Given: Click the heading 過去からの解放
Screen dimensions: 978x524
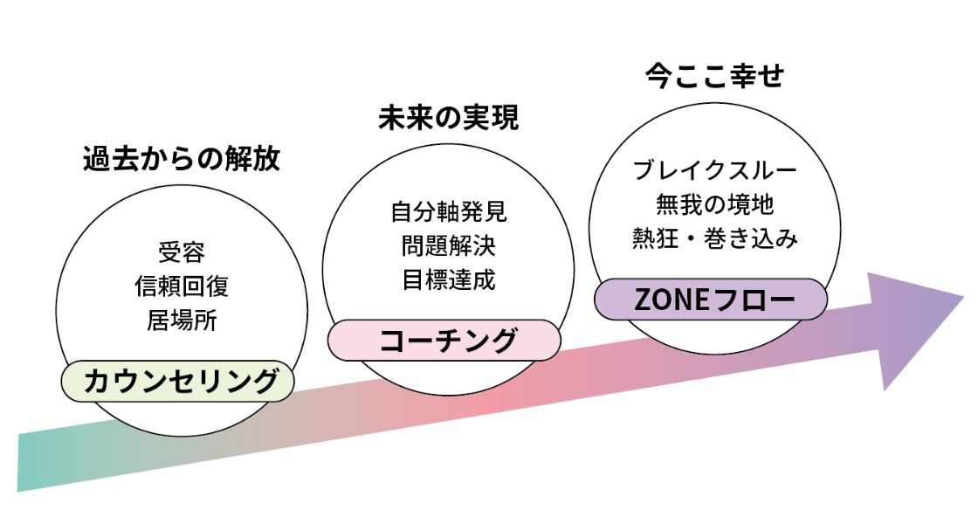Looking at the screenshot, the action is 182,159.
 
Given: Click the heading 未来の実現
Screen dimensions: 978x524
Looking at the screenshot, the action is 449,118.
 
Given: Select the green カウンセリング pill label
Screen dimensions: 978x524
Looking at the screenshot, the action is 178,381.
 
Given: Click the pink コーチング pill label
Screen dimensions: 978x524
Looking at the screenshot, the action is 444,341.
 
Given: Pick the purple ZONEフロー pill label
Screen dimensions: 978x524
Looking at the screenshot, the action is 711,300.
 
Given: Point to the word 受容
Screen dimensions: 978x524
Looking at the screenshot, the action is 182,252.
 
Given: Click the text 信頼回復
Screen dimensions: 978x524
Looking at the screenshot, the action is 182,286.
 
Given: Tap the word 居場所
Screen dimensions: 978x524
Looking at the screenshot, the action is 182,320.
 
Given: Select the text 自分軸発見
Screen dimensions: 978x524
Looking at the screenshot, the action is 449,212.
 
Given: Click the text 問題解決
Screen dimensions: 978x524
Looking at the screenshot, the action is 449,245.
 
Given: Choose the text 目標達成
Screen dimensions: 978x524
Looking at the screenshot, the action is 449,279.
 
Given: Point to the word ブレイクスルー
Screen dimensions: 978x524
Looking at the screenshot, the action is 715,170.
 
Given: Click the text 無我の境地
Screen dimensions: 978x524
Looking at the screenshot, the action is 715,204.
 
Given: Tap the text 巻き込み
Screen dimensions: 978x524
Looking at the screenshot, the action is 750,238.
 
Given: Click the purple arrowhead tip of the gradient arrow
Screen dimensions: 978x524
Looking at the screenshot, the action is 964,298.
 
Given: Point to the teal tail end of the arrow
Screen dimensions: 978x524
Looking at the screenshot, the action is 18,463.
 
